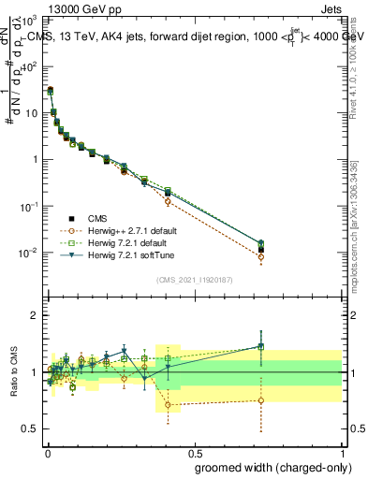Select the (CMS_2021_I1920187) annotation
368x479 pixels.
coord(193,279)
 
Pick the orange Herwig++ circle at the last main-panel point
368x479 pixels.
coord(261,257)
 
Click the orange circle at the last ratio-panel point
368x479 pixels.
coord(261,400)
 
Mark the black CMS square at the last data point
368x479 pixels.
coord(261,249)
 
